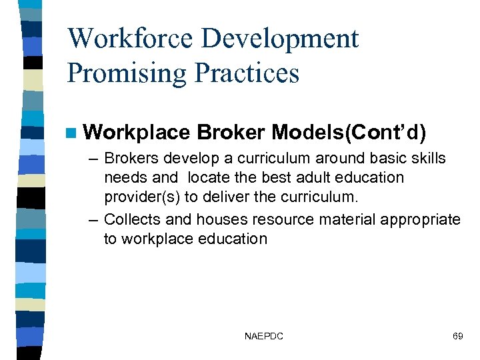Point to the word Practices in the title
[246, 73]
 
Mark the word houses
[202, 219]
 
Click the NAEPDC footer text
[263, 336]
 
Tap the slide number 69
[457, 336]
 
